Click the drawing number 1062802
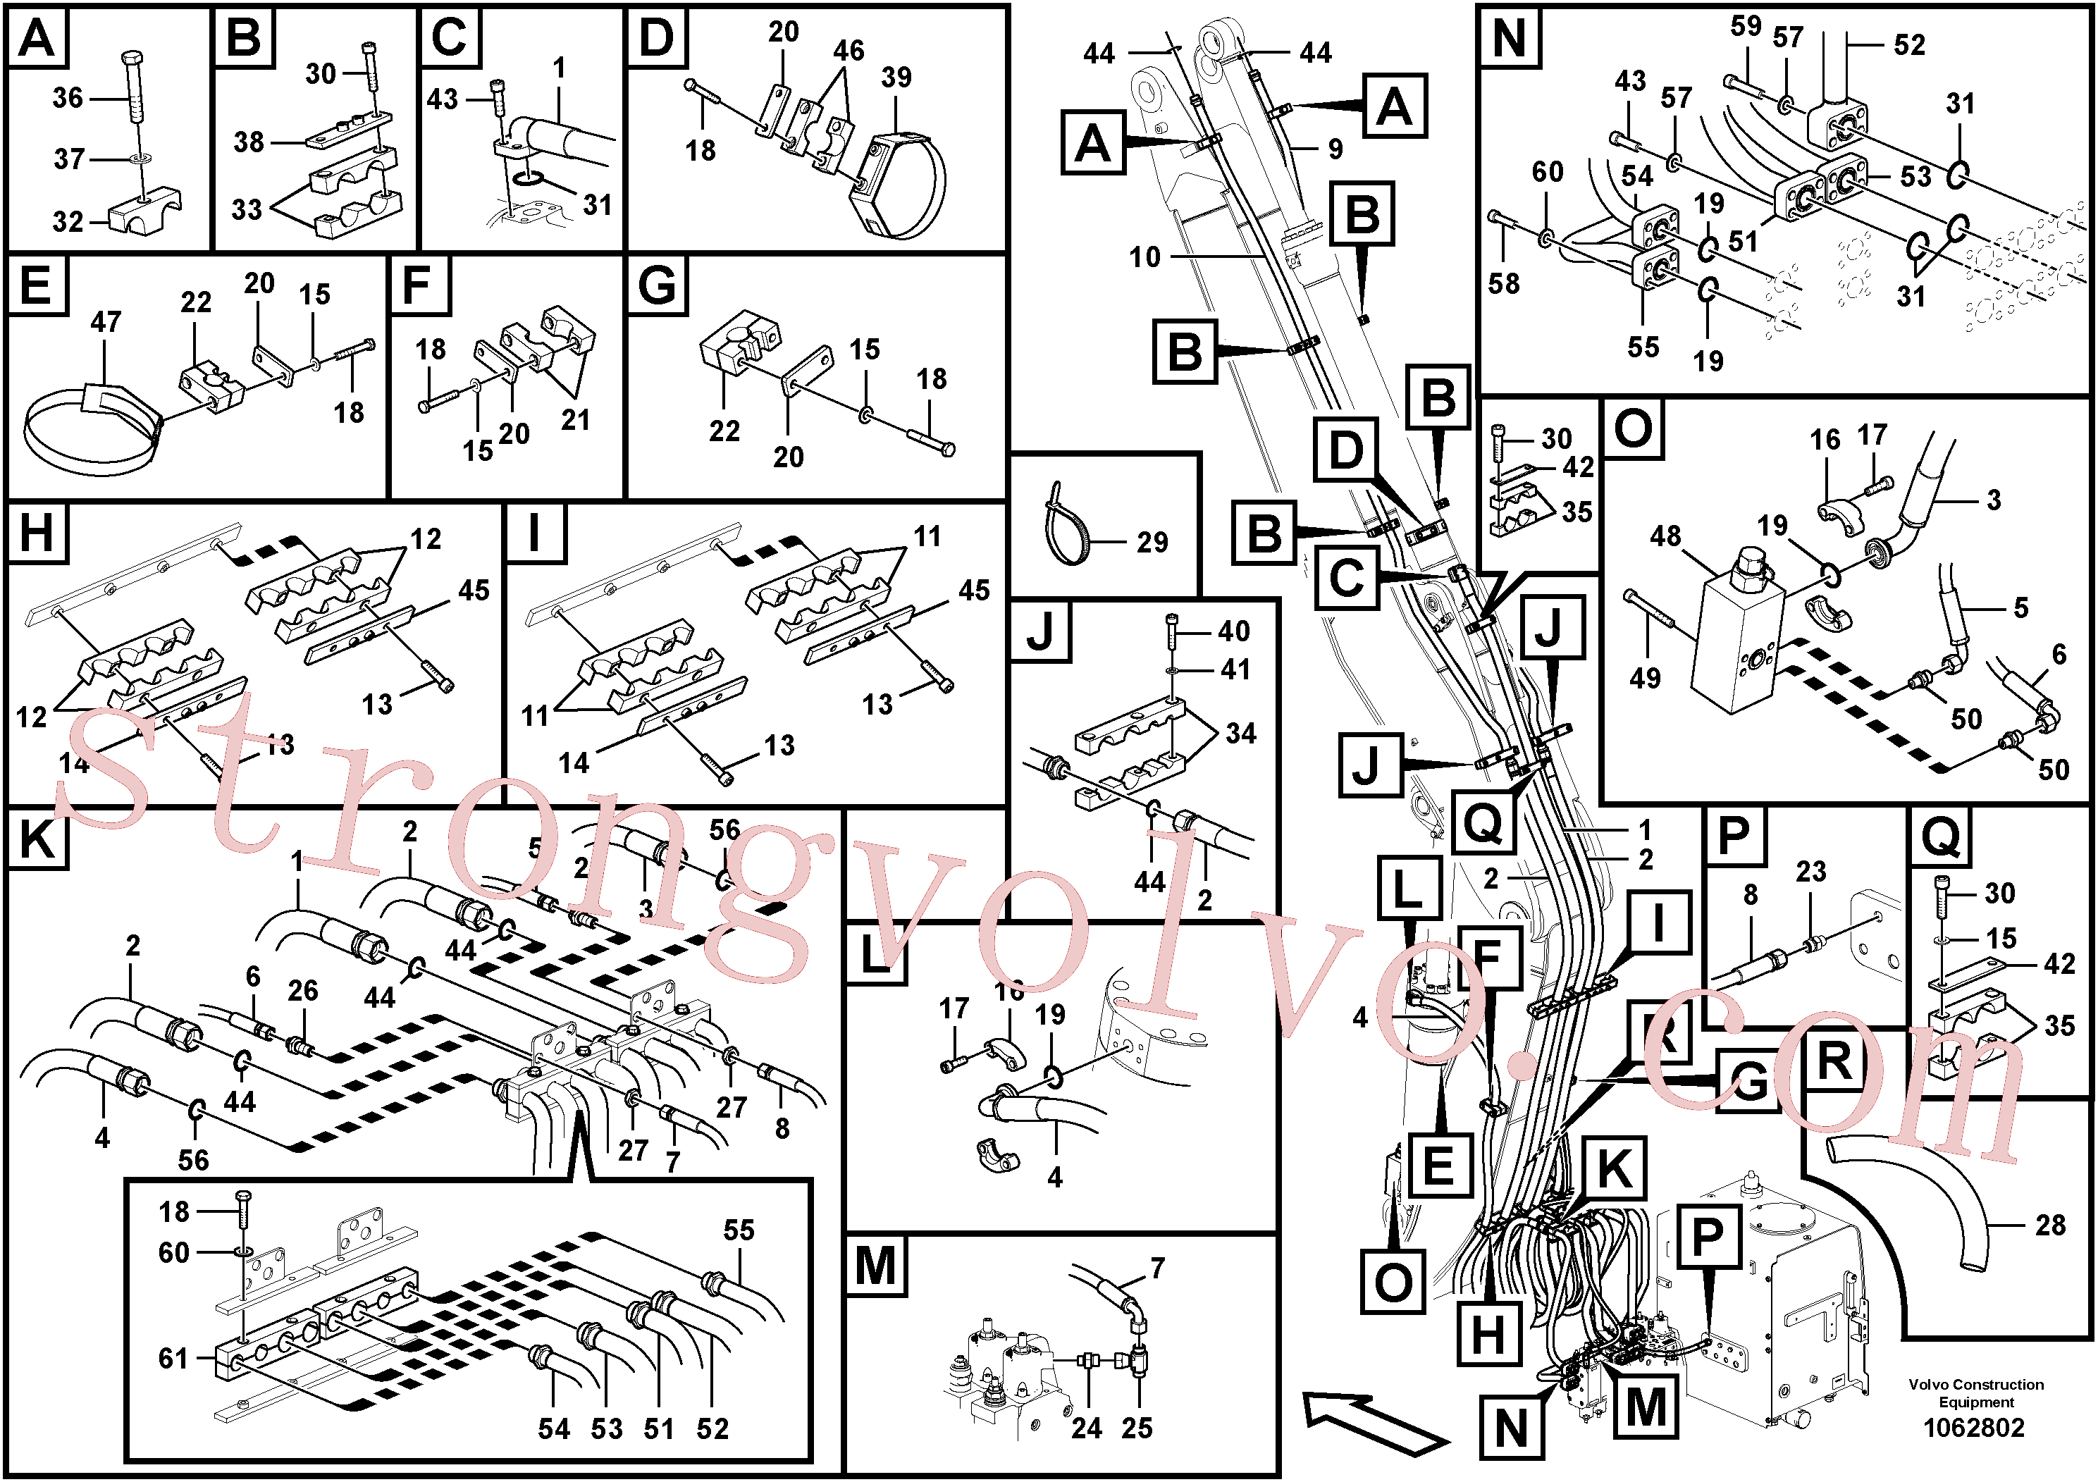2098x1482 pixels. [1974, 1427]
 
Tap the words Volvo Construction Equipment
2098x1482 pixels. [1975, 1393]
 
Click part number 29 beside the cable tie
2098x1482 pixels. [1152, 543]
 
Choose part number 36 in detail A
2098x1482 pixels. [68, 98]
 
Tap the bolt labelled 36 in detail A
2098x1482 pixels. [132, 87]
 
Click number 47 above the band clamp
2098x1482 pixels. [105, 321]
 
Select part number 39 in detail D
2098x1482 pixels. [896, 78]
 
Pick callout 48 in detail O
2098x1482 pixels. [1665, 536]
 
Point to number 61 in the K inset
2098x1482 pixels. [173, 1359]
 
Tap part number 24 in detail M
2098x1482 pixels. [1087, 1428]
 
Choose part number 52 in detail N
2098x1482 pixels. [1909, 45]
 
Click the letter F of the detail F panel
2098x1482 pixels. [416, 285]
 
